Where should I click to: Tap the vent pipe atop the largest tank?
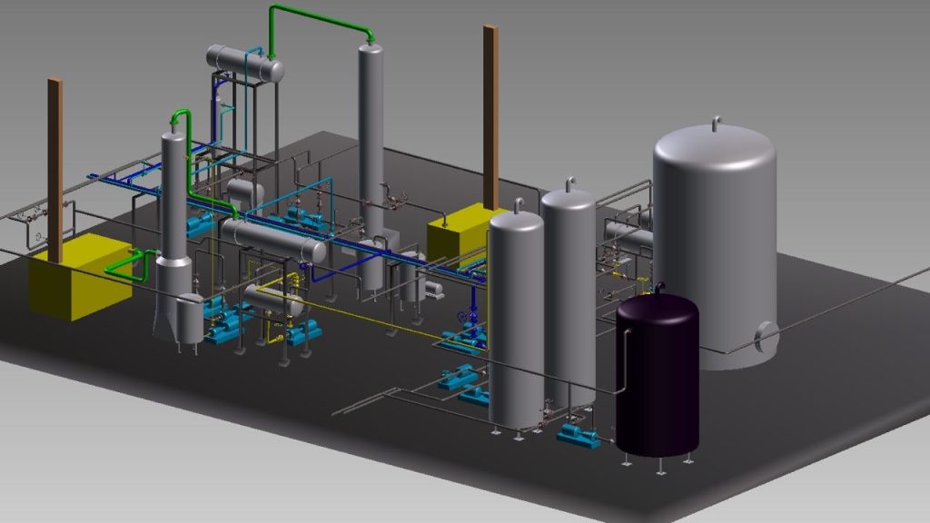(716, 123)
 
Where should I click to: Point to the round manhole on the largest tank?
(765, 338)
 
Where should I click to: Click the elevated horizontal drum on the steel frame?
(244, 64)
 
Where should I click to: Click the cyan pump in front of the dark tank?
(579, 437)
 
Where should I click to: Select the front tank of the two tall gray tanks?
(516, 318)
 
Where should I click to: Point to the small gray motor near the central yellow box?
(434, 290)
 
